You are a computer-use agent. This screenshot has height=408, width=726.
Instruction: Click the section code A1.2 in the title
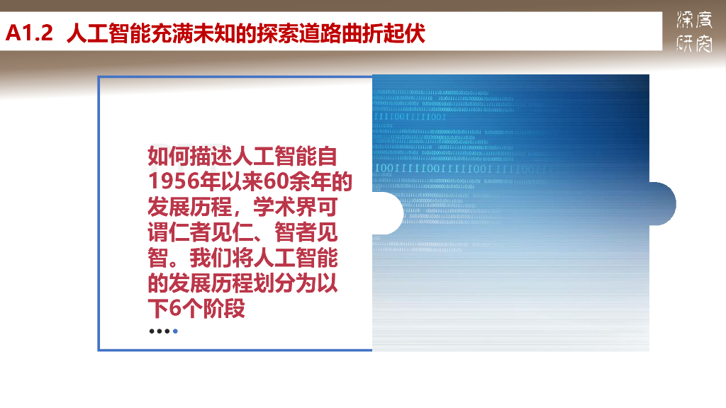coord(30,34)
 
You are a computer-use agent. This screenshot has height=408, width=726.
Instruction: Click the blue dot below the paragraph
coord(175,331)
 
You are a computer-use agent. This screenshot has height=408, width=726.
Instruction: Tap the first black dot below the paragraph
coord(152,331)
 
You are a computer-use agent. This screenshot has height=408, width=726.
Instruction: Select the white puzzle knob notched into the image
coord(387,213)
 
